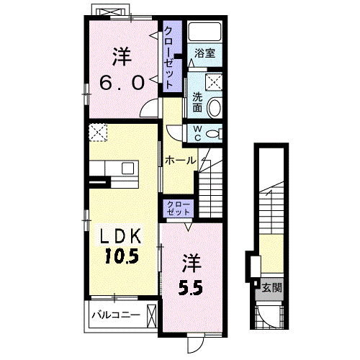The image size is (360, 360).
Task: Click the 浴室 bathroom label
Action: click(204, 53)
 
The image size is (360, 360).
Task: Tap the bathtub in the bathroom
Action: click(204, 32)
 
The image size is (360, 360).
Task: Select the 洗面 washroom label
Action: click(197, 102)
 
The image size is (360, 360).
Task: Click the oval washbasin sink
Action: click(214, 107)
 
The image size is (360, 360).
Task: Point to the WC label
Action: click(197, 133)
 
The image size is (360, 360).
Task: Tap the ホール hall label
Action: click(181, 161)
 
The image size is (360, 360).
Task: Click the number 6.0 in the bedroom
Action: click(122, 82)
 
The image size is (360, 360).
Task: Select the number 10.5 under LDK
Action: click(122, 256)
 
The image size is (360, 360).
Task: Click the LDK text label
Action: click(120, 235)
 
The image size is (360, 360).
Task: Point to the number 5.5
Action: click(191, 287)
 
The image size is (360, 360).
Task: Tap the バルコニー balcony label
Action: click(116, 315)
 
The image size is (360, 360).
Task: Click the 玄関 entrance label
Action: click(271, 287)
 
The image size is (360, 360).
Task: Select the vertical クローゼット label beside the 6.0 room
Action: click(168, 58)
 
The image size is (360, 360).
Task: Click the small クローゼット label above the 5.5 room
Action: click(179, 208)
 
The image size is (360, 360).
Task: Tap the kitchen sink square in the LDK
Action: click(127, 168)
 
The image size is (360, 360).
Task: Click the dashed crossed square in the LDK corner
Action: click(98, 132)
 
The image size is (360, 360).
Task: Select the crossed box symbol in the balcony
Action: click(151, 315)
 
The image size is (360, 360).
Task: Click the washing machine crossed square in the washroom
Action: click(214, 82)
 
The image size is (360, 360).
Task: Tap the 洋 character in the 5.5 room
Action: click(191, 264)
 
